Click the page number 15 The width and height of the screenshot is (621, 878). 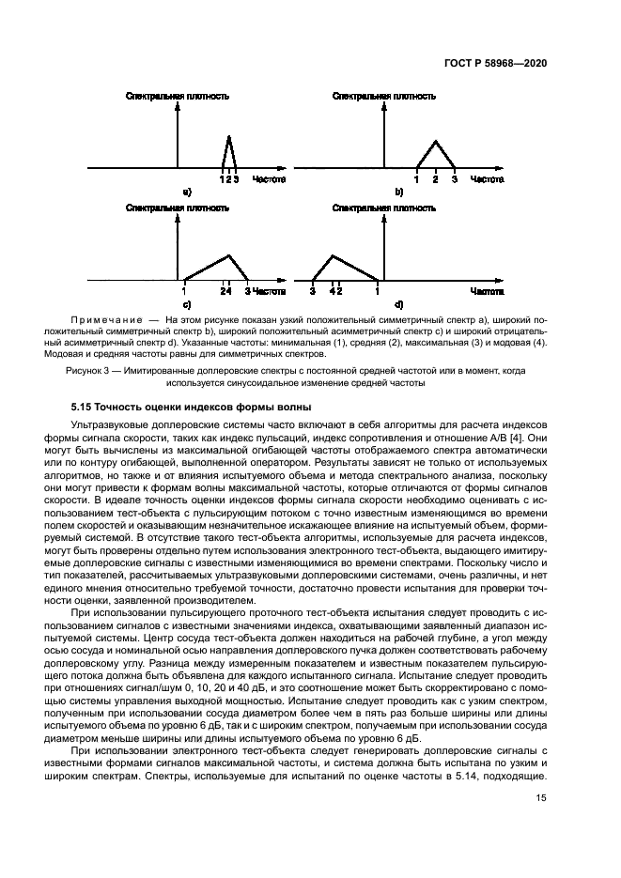[x=541, y=798]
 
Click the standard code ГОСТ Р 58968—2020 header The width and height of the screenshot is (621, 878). [x=495, y=63]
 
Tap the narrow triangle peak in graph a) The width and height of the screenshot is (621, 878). [x=229, y=136]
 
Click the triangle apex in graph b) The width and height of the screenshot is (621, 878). [x=434, y=142]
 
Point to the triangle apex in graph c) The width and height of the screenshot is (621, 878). [x=228, y=254]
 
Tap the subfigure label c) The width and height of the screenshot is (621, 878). [x=187, y=305]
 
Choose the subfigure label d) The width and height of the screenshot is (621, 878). [x=398, y=305]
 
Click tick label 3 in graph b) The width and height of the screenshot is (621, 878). [x=454, y=178]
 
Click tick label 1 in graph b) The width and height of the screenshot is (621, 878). [x=415, y=178]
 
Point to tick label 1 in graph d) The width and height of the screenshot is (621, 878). [x=378, y=292]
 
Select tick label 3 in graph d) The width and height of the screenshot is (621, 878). [x=312, y=292]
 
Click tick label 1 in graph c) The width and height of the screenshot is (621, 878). [x=184, y=292]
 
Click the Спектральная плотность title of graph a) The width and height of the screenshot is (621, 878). [x=178, y=96]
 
